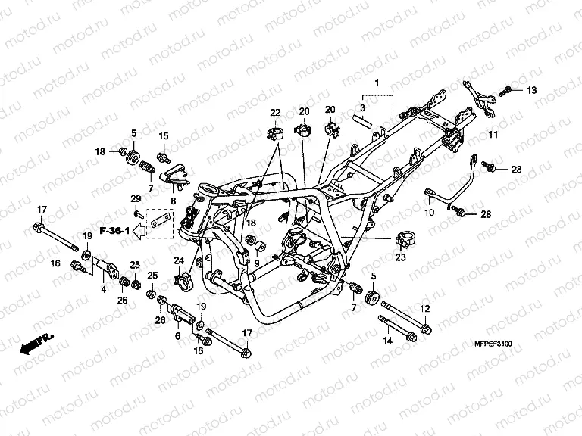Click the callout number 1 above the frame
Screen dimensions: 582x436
click(377, 83)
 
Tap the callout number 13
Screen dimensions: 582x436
click(532, 90)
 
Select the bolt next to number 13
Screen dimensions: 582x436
click(505, 91)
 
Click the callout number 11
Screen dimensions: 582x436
click(493, 134)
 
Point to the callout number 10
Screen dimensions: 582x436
click(429, 213)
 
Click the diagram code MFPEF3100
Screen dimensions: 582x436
click(493, 344)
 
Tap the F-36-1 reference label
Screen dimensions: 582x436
click(114, 231)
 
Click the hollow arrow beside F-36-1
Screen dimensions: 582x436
click(139, 231)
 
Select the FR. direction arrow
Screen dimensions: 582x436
click(36, 344)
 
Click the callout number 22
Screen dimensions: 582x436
click(275, 112)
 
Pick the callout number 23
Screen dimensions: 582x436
click(400, 257)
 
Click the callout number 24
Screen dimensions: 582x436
click(179, 260)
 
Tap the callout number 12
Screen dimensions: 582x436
click(424, 309)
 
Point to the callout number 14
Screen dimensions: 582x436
click(387, 341)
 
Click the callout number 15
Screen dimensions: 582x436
click(164, 136)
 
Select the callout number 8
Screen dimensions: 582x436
click(174, 201)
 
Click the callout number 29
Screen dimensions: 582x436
click(136, 199)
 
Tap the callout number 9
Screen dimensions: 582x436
click(256, 264)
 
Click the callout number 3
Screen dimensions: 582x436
click(363, 107)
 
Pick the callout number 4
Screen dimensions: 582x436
click(104, 289)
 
